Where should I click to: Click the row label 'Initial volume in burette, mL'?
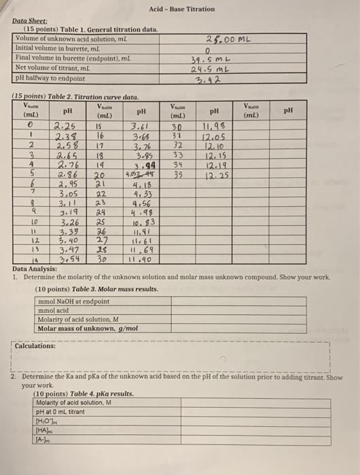tap(52, 48)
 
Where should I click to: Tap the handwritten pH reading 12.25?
tap(215, 174)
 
